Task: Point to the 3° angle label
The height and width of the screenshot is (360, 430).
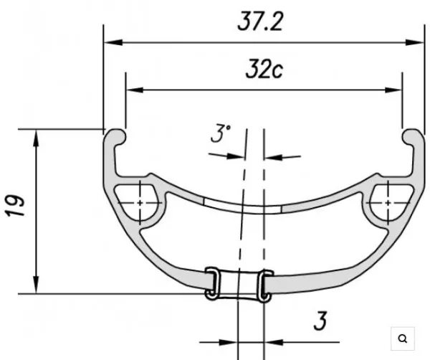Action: click(x=220, y=134)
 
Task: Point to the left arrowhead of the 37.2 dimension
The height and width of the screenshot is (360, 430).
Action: click(x=111, y=42)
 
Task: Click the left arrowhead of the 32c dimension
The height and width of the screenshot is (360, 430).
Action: click(x=133, y=90)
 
